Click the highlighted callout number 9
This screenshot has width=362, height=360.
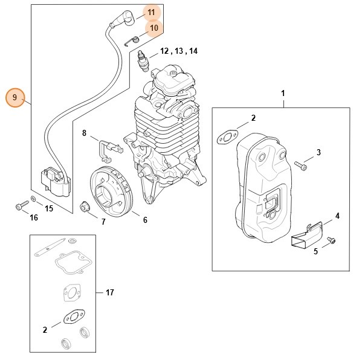point(15,97)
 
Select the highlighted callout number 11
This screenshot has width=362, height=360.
point(151,12)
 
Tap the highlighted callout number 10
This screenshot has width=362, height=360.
point(154,27)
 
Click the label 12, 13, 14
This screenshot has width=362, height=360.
point(178,51)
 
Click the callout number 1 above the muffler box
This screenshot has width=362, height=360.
point(283,94)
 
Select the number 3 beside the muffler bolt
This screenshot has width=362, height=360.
point(318,152)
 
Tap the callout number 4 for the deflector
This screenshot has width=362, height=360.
point(337,216)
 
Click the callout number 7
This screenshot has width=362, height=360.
point(103,222)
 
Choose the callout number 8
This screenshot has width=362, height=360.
point(84,133)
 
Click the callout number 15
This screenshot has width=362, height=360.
point(49,209)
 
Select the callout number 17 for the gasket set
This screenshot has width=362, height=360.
point(109,293)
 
